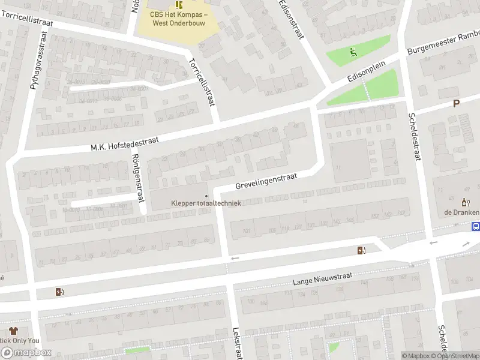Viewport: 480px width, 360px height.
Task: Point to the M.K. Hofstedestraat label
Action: (x=125, y=142)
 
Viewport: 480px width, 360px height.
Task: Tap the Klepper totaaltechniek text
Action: (x=206, y=203)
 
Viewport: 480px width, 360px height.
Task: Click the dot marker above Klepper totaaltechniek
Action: (x=206, y=195)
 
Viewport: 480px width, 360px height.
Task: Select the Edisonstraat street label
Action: (x=290, y=20)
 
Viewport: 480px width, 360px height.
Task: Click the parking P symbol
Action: (x=456, y=103)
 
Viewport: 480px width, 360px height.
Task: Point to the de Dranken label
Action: (x=461, y=212)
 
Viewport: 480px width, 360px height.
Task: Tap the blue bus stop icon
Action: (x=476, y=227)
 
